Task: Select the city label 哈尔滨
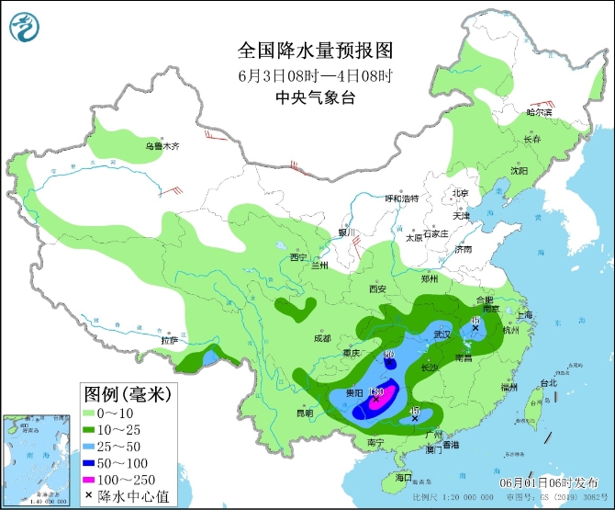tap(539, 112)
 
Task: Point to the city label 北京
tap(459, 193)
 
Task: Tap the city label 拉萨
tap(168, 340)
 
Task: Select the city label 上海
tap(525, 314)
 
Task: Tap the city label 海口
tap(402, 478)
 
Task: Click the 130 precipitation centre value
tap(375, 392)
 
